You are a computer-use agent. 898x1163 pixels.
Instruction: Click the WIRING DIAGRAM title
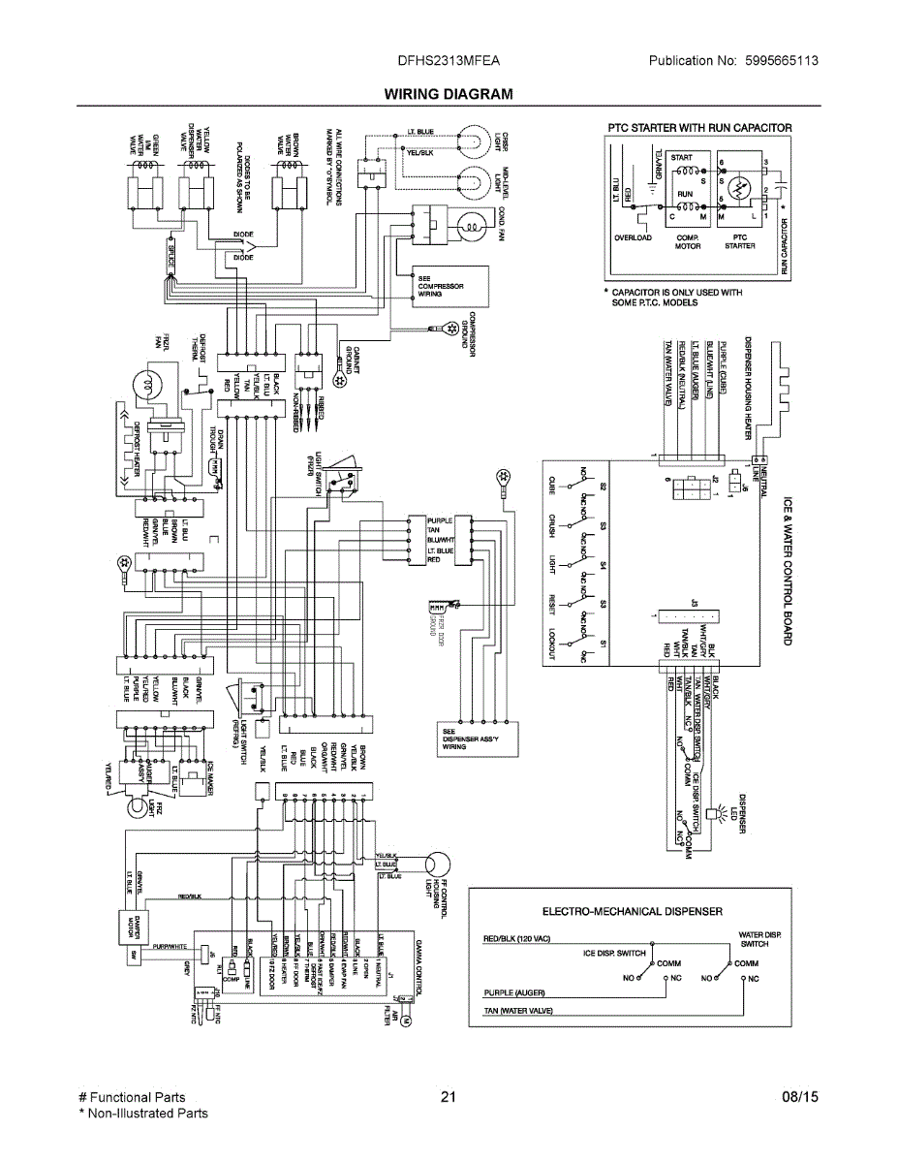coord(449,94)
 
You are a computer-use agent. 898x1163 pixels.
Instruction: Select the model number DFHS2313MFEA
coord(449,60)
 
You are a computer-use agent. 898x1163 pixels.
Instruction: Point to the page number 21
coord(448,1098)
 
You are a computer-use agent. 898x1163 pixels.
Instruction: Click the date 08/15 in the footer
coord(800,1098)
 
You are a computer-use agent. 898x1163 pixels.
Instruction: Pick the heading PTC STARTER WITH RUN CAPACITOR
coord(699,127)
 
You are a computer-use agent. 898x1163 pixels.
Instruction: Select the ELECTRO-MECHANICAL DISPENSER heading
coord(632,911)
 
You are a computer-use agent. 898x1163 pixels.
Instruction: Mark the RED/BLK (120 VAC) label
coord(516,939)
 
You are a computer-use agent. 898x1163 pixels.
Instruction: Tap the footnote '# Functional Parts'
coord(132,1098)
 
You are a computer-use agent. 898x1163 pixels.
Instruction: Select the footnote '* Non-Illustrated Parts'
coord(142,1114)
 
